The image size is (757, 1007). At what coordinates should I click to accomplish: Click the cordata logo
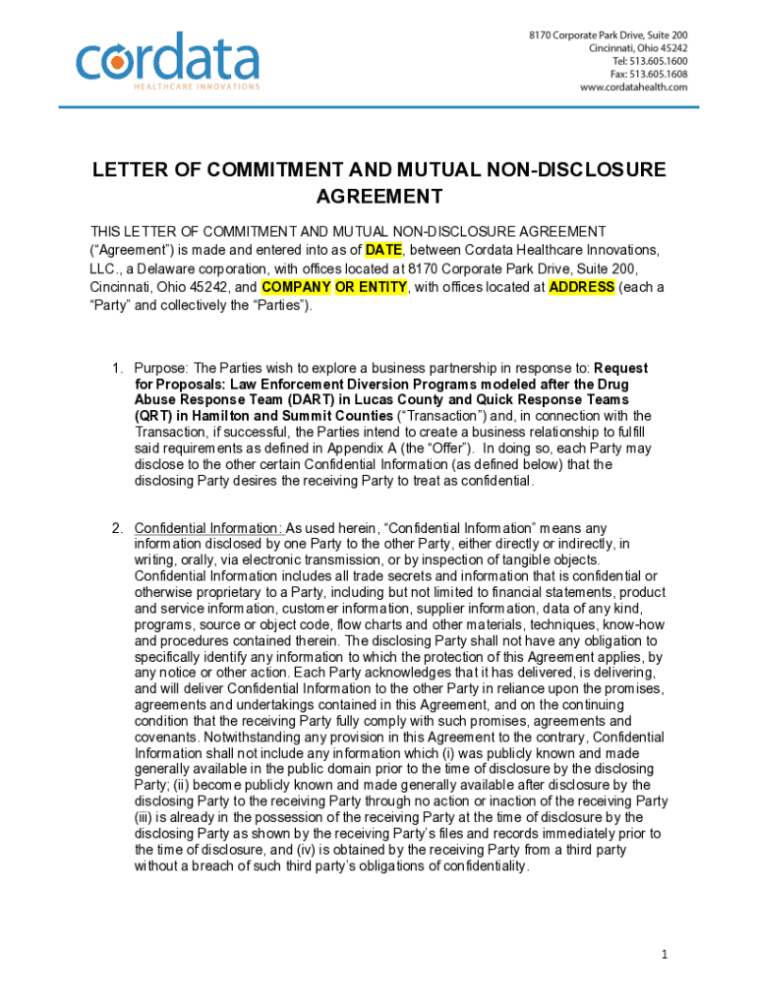click(x=167, y=58)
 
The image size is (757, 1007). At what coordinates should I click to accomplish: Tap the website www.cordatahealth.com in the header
click(x=633, y=88)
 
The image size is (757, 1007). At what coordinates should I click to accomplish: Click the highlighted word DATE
click(x=383, y=250)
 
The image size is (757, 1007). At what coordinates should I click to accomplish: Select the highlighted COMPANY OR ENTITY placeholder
click(x=333, y=287)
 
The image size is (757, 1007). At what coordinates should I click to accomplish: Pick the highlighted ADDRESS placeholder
click(x=581, y=287)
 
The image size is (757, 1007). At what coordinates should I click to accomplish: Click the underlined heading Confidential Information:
click(x=208, y=528)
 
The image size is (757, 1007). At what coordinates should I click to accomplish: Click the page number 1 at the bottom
click(x=666, y=955)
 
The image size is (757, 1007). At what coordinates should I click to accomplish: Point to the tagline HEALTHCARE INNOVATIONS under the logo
click(x=197, y=87)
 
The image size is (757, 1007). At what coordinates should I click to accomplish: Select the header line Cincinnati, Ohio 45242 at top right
click(x=638, y=47)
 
